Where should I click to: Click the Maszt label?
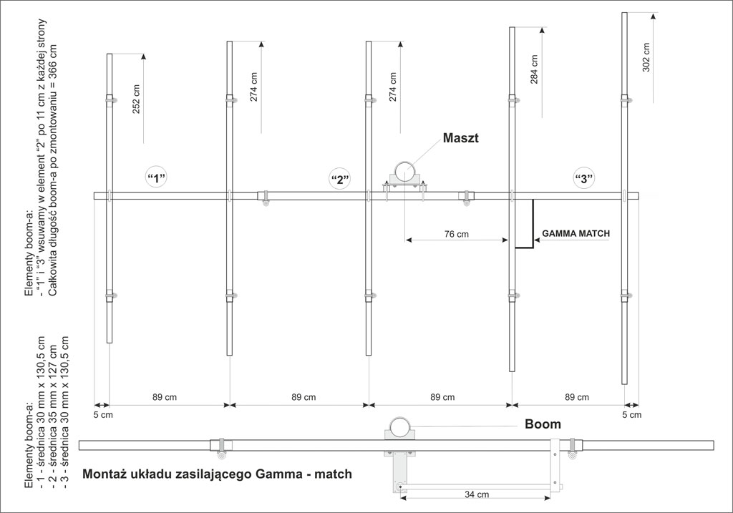[460, 138]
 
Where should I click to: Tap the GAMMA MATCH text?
[576, 234]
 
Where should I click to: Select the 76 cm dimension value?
[456, 234]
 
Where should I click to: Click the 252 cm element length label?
[136, 99]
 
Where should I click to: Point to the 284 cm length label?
[534, 69]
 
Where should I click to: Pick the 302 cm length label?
[646, 57]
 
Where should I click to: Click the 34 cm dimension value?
[477, 494]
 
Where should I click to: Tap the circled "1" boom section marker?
[157, 177]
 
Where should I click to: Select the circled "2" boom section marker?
[340, 180]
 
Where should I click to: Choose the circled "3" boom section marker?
[584, 178]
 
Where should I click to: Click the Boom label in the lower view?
[543, 424]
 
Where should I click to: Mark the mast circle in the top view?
[405, 173]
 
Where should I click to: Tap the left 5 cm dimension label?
[103, 415]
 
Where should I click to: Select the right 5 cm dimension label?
[632, 415]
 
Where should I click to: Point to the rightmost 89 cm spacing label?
[577, 397]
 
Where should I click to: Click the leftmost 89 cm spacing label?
[165, 397]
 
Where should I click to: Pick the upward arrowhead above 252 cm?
[143, 57]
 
